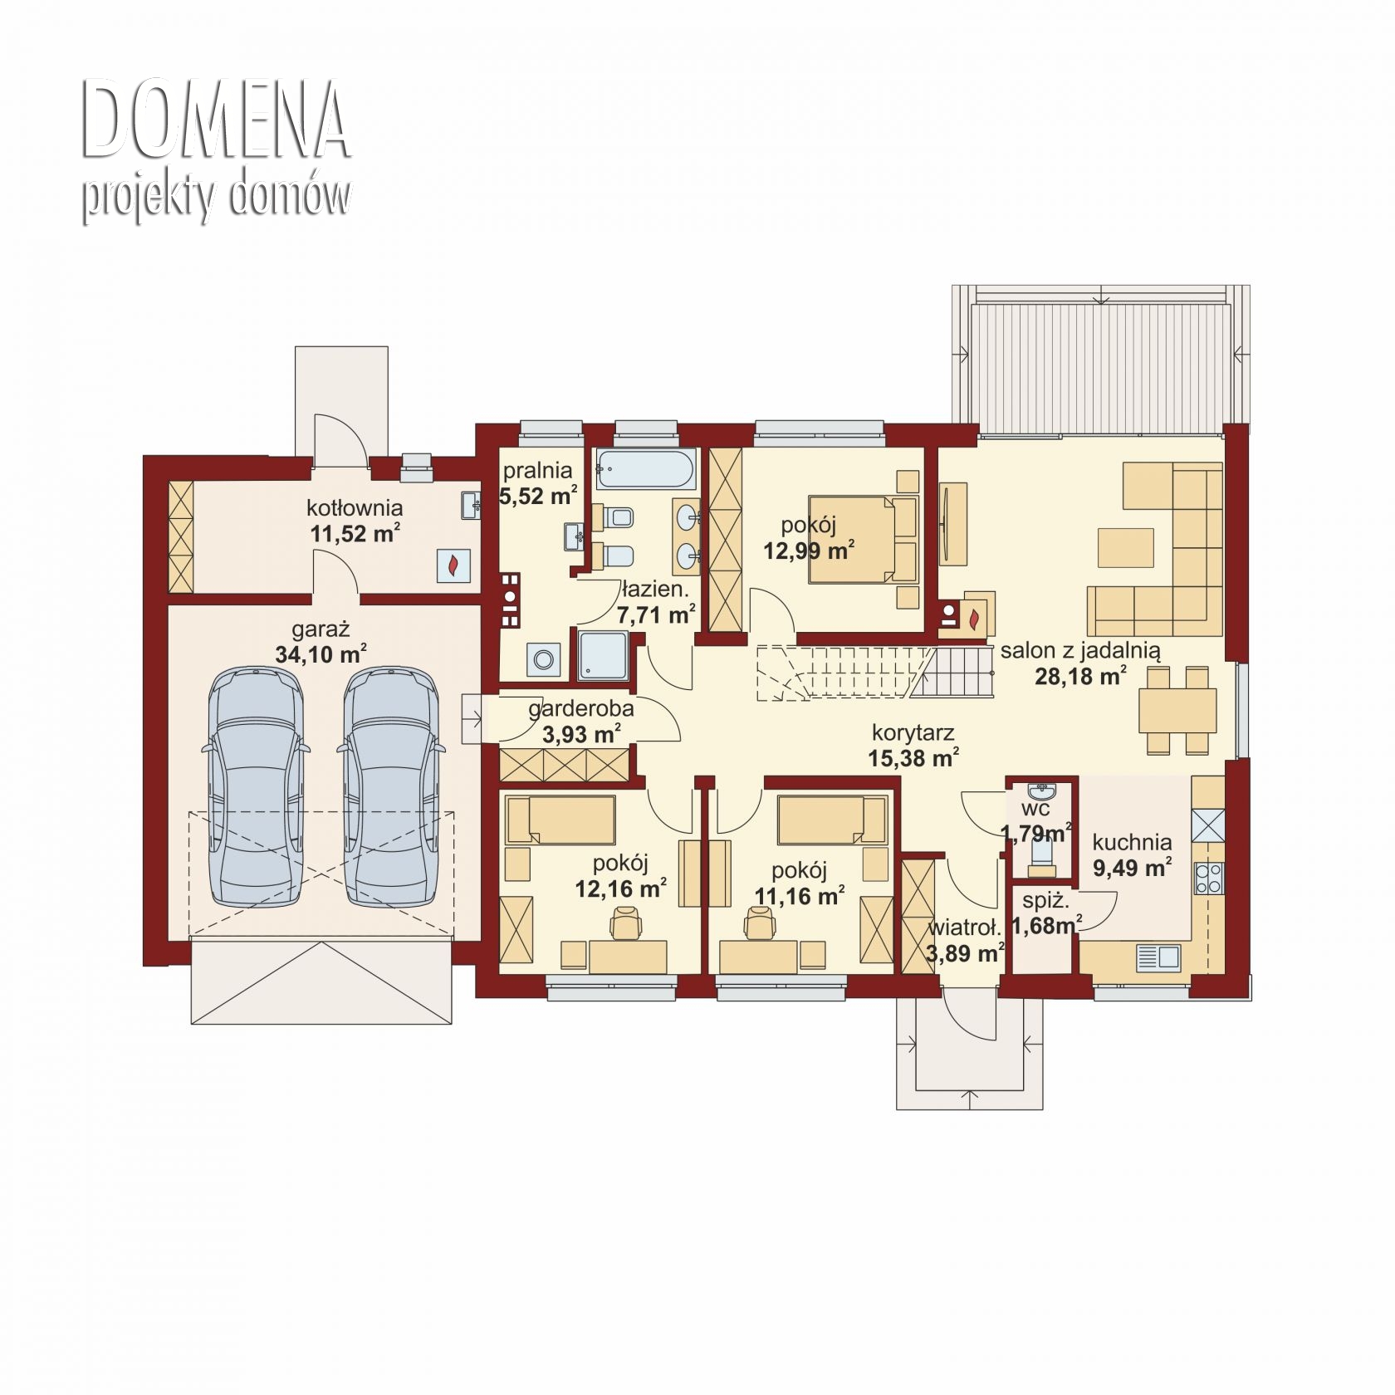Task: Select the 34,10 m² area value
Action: [x=321, y=654]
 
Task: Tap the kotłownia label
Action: [x=355, y=507]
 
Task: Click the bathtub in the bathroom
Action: [x=646, y=470]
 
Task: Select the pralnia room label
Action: [x=537, y=471]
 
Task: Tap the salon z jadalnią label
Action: [x=1079, y=651]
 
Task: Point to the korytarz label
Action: [x=913, y=733]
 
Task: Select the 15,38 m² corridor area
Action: [x=914, y=757]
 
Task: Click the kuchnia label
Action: [x=1132, y=843]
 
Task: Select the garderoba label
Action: [x=581, y=709]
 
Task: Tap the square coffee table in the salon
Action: [x=1125, y=548]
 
